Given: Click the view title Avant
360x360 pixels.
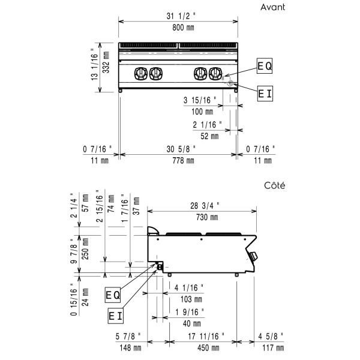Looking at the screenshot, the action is click(x=272, y=7).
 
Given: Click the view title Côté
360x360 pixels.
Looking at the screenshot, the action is click(x=275, y=185).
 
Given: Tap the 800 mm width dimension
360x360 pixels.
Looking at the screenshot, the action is click(x=183, y=28).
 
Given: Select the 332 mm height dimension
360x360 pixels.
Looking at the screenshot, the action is click(x=106, y=62).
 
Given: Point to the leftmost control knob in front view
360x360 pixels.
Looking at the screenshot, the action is click(x=141, y=74).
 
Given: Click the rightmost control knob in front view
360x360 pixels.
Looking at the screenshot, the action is click(x=215, y=74).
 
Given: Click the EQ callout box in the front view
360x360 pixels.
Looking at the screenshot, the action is click(x=265, y=66).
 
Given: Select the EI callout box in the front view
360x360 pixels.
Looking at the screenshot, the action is click(x=265, y=94).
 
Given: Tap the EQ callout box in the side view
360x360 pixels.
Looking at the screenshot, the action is click(x=113, y=295).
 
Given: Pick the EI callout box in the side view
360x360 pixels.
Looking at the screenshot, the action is click(x=115, y=316).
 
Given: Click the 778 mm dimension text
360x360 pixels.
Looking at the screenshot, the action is click(x=183, y=160).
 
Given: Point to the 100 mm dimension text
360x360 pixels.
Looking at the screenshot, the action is click(x=202, y=112).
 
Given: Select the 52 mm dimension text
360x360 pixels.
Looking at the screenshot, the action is click(x=209, y=136).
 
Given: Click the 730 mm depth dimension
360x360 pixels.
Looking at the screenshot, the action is click(x=207, y=217).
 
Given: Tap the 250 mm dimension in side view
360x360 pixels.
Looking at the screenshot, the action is click(x=85, y=248).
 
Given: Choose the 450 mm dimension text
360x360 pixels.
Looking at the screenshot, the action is click(x=208, y=348).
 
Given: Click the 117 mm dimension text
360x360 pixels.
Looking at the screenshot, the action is click(x=273, y=348).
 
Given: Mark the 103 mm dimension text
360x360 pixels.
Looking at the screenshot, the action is click(x=191, y=299).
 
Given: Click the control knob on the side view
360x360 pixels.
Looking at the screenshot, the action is click(x=253, y=256).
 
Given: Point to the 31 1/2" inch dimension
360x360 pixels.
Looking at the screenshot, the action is click(x=181, y=16).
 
